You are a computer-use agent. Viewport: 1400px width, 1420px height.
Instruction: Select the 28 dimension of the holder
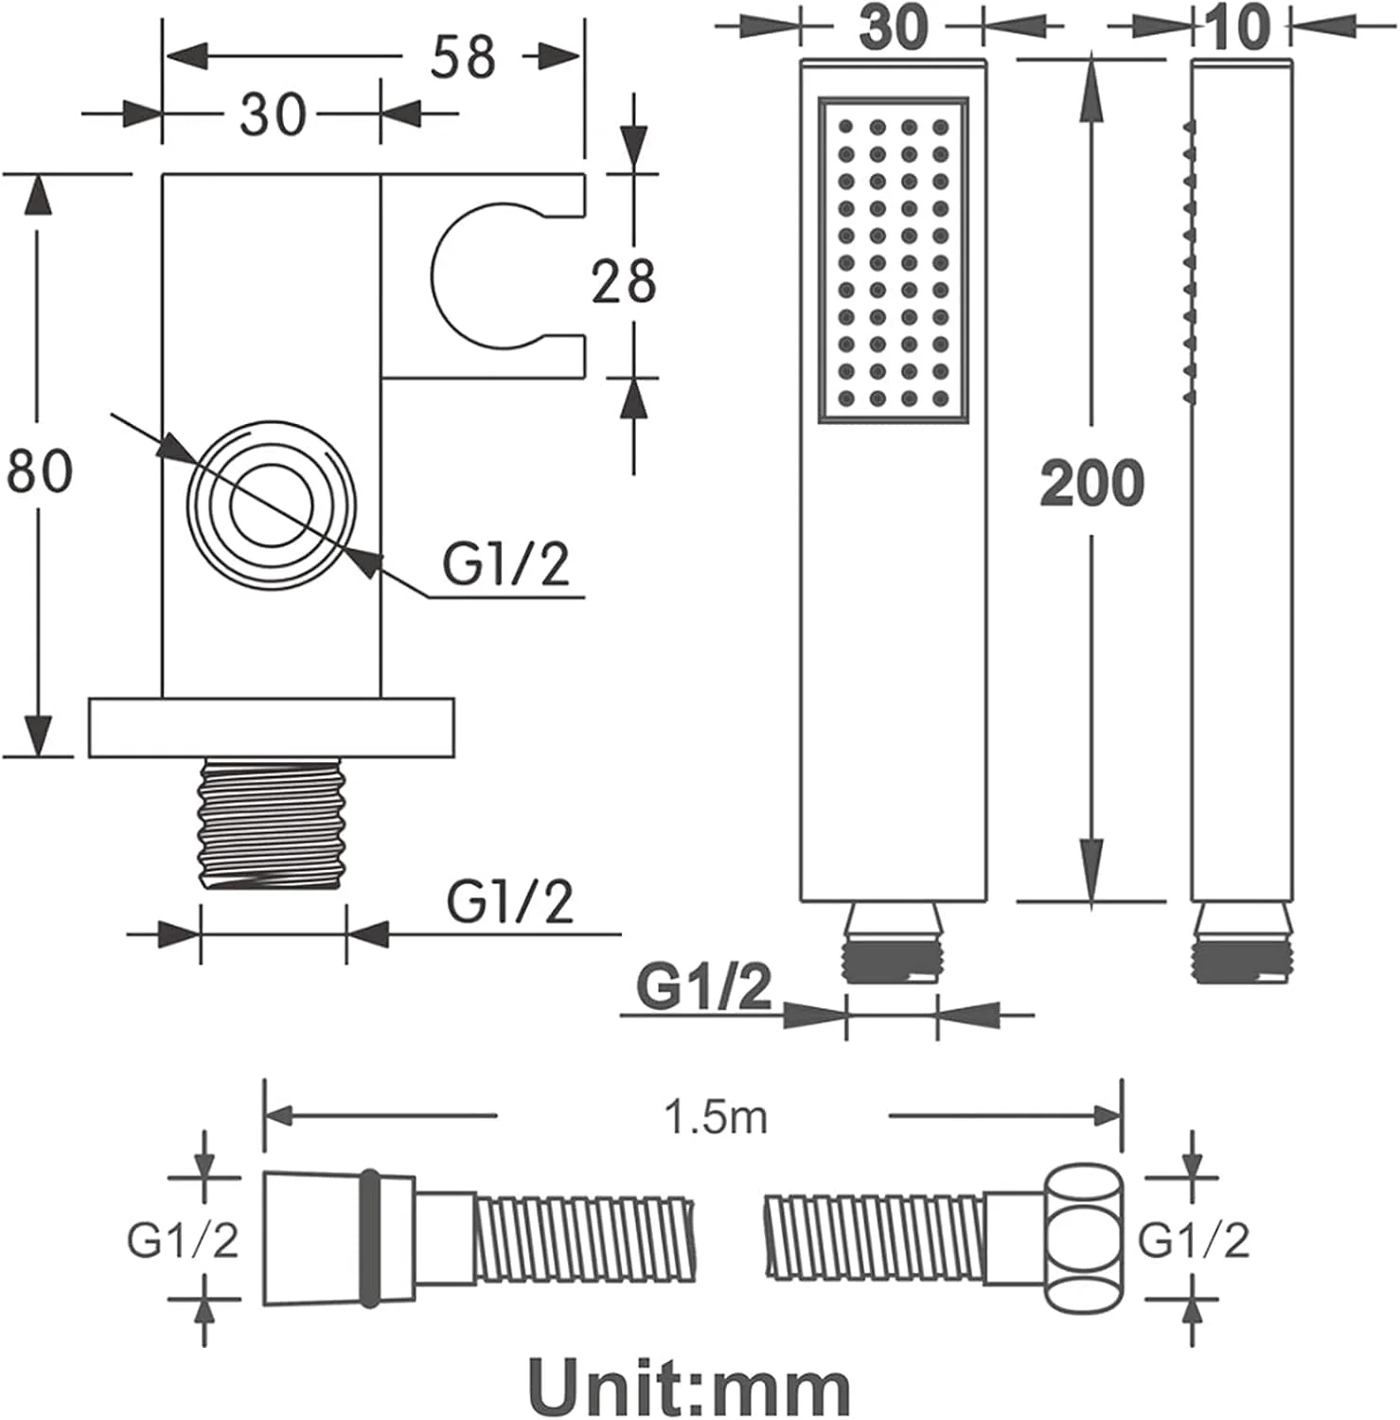point(623,281)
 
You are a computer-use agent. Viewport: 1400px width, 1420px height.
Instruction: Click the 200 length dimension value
point(1092,483)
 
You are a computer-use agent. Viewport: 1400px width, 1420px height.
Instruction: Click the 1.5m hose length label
point(716,1118)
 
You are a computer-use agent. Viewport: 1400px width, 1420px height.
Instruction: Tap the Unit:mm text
point(689,1386)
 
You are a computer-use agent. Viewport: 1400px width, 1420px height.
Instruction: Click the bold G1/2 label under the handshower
point(704,988)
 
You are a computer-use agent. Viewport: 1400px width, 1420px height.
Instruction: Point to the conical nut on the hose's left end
point(339,1238)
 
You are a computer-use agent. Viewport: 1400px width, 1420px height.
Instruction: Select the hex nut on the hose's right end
point(1085,1239)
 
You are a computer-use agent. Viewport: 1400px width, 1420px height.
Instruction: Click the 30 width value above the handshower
point(893,27)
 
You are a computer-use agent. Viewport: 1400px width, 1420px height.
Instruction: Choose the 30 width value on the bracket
point(273,114)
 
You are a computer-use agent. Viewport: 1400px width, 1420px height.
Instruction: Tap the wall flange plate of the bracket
point(272,728)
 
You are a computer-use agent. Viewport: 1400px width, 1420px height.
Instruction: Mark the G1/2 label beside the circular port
point(505,565)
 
